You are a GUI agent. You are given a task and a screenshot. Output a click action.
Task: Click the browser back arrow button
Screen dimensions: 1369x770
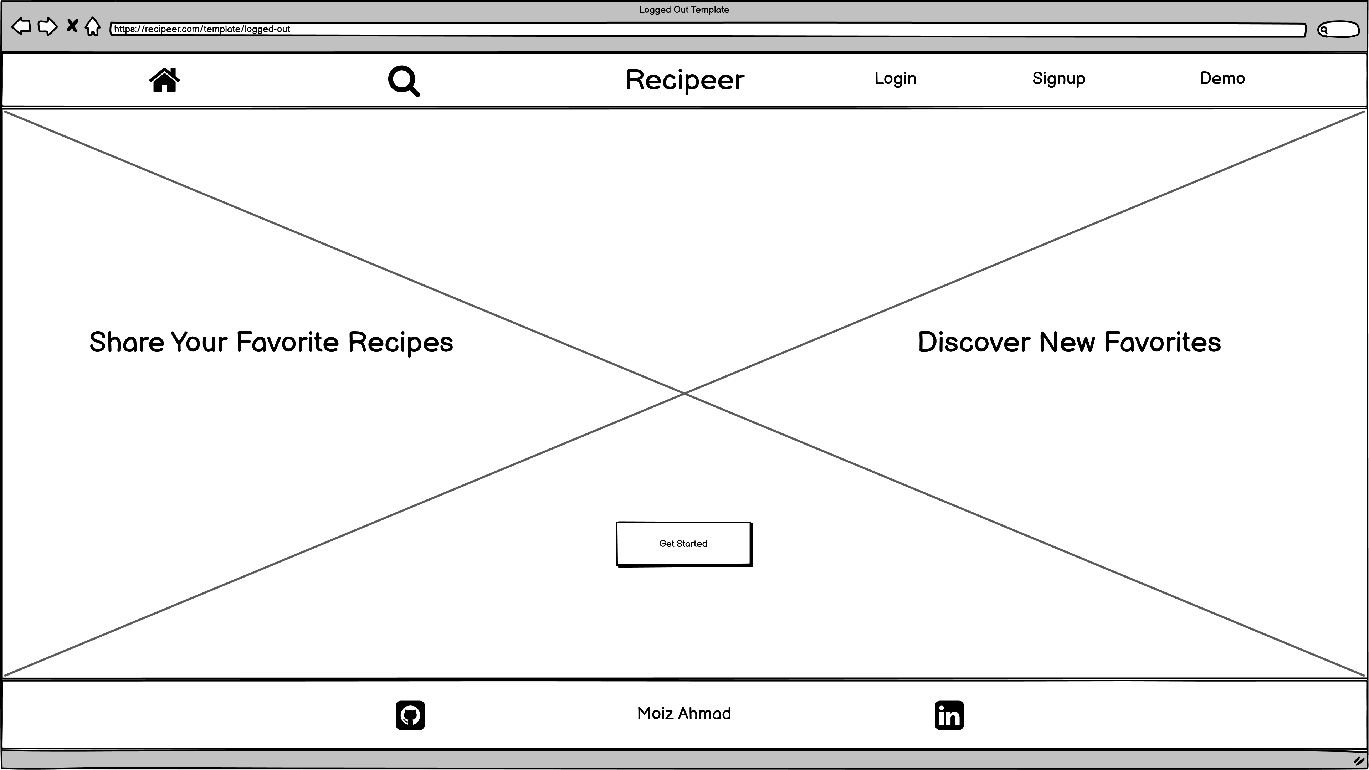21,26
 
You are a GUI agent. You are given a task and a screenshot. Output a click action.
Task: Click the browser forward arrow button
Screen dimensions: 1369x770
48,26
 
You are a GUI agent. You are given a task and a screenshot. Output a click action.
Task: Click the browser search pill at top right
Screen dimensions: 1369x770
1338,29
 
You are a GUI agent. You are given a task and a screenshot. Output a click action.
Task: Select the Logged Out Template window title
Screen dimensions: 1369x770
684,10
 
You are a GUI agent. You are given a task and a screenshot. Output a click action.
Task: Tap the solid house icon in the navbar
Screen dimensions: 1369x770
165,80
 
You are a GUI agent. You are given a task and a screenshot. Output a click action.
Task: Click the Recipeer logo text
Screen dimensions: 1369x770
685,80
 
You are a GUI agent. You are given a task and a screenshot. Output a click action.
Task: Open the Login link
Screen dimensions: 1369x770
896,79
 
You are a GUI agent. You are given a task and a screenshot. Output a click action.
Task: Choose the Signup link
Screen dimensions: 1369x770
1058,79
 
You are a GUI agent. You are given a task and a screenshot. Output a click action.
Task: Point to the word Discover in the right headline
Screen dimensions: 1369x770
974,342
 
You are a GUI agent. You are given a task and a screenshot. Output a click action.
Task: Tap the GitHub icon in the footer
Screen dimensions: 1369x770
410,715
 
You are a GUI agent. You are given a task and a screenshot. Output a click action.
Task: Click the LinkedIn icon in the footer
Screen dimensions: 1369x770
949,715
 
